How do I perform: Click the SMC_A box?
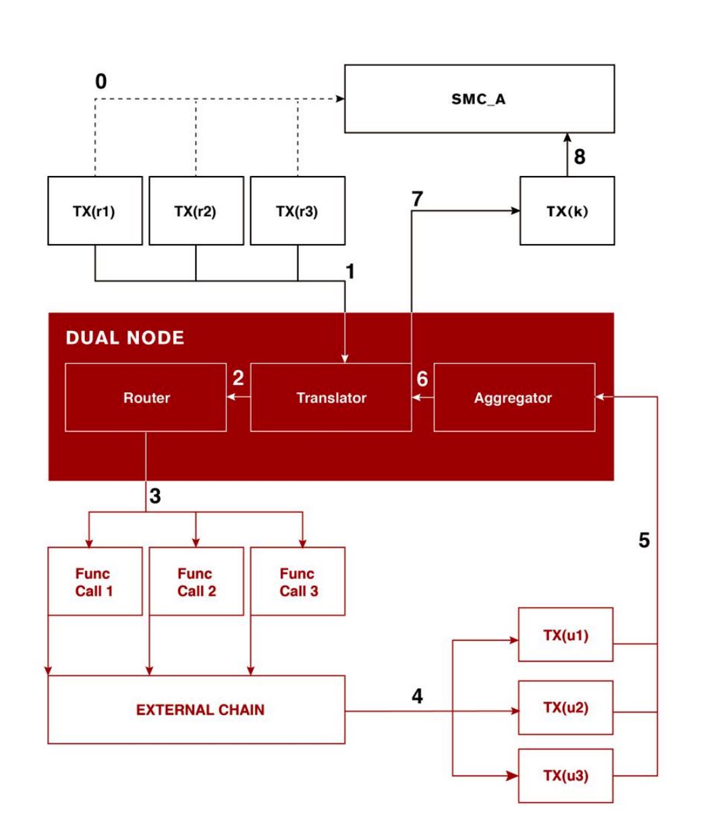pos(480,98)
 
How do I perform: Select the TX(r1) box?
pos(95,210)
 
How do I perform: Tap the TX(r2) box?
pos(196,210)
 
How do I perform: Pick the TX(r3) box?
pos(297,210)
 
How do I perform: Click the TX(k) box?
pos(567,210)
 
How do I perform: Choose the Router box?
pos(146,397)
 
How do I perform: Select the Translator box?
pos(331,397)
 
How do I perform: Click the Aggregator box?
pos(515,397)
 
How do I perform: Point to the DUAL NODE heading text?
pos(125,338)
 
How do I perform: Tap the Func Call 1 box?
pos(95,581)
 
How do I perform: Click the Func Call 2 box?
pos(196,581)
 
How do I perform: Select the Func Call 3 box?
pos(297,581)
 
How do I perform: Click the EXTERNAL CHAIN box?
pos(196,709)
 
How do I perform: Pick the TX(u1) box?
pos(565,635)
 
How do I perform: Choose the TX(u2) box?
pos(565,707)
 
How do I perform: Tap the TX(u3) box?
pos(565,776)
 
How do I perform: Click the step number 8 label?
pos(579,156)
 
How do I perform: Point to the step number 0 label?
pos(101,81)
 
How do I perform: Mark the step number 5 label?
pos(644,540)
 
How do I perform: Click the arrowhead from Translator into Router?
pos(231,397)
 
